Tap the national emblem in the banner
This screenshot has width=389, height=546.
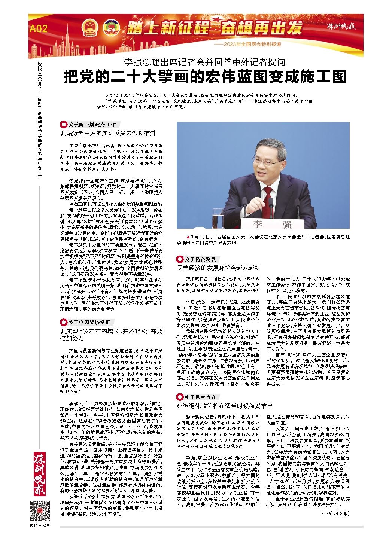(x=90, y=27)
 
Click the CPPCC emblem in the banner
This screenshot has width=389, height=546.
(x=110, y=27)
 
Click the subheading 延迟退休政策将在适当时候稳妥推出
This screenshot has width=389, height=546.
(x=224, y=405)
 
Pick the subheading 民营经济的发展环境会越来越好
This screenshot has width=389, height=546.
(x=219, y=268)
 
